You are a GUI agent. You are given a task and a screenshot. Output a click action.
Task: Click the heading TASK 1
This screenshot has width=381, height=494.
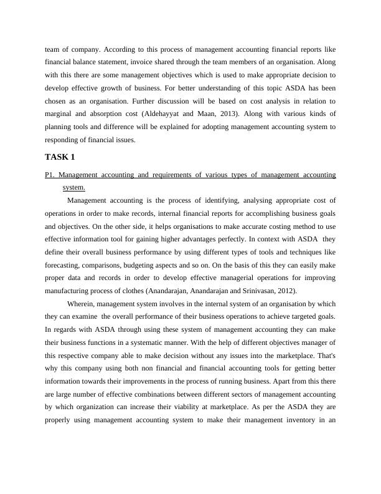[60, 157]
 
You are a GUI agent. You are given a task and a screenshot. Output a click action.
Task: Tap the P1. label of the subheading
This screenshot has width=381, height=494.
[50, 175]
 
